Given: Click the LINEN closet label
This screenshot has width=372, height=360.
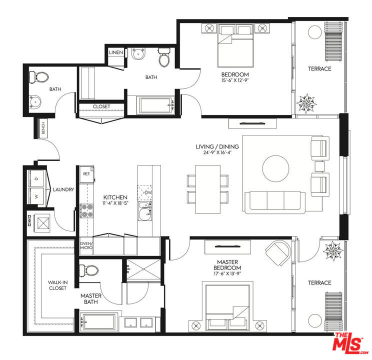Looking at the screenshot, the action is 116,52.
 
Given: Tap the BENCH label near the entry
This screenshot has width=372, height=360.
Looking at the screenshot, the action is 43,128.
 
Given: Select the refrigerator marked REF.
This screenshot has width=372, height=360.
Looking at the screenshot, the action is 86,174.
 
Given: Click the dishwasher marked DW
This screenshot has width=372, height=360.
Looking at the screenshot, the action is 144,192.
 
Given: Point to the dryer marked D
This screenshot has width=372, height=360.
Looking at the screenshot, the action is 36,178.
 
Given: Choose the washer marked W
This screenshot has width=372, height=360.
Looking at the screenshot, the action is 36,196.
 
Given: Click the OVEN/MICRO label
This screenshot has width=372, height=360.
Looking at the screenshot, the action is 86,245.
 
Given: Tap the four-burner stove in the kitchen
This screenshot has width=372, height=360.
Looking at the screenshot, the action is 86,211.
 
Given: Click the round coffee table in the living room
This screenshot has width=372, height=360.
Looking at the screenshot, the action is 275,168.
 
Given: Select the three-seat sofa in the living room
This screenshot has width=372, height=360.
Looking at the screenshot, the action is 275,202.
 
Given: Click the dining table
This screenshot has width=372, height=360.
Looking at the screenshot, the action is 208,189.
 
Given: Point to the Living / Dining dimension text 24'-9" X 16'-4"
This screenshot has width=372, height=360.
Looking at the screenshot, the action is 217,152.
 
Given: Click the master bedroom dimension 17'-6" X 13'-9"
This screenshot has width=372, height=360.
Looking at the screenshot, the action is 227,273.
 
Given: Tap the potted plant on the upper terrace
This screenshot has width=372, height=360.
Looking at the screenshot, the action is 306,103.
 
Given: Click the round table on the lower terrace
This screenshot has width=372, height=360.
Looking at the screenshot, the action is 315,320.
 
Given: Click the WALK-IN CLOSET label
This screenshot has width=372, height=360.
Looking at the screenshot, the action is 57,285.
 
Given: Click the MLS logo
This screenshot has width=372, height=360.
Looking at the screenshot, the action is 349,342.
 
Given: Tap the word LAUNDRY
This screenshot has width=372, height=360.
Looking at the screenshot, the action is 63,189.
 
